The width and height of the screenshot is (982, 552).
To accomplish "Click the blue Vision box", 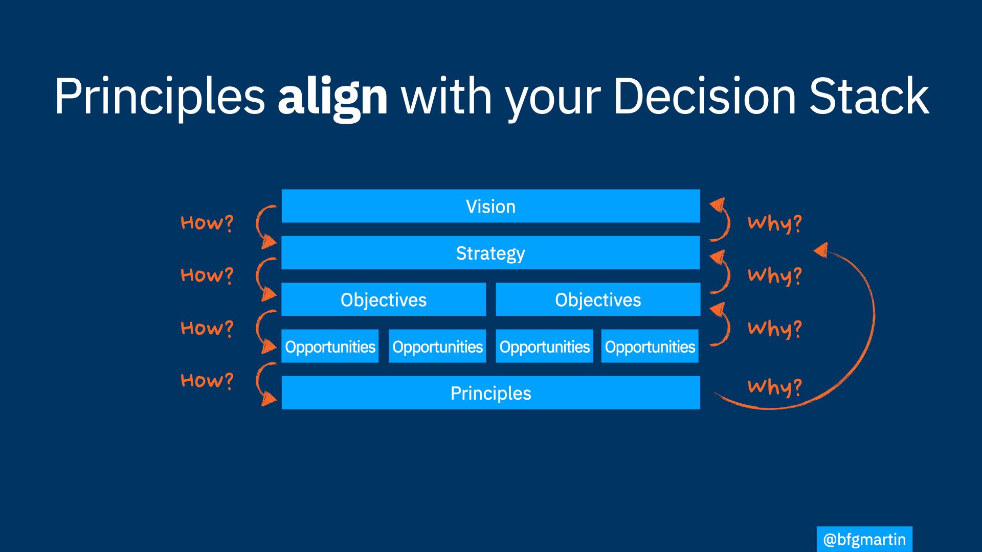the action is pyautogui.click(x=490, y=206).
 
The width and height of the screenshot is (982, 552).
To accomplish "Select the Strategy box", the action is pyautogui.click(x=490, y=252).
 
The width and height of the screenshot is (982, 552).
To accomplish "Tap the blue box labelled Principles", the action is pyautogui.click(x=490, y=393).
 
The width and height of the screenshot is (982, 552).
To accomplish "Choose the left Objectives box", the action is pyautogui.click(x=384, y=299).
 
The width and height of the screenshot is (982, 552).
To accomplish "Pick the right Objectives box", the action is pyautogui.click(x=598, y=299).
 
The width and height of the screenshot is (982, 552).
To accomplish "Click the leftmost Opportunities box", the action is pyautogui.click(x=330, y=346).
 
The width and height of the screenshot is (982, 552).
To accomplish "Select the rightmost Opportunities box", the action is pyautogui.click(x=650, y=346).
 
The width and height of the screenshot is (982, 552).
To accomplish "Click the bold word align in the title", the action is pyautogui.click(x=332, y=97).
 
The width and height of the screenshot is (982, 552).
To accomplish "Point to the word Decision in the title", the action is pyautogui.click(x=704, y=96).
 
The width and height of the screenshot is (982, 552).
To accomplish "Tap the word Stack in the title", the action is pyautogui.click(x=869, y=96).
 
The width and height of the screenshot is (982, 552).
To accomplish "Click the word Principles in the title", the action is pyautogui.click(x=160, y=97).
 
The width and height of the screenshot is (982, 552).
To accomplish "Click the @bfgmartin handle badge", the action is pyautogui.click(x=864, y=539).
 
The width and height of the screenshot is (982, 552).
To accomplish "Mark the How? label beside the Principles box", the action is pyautogui.click(x=207, y=381).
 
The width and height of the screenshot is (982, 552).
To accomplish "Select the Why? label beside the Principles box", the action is pyautogui.click(x=775, y=387).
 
